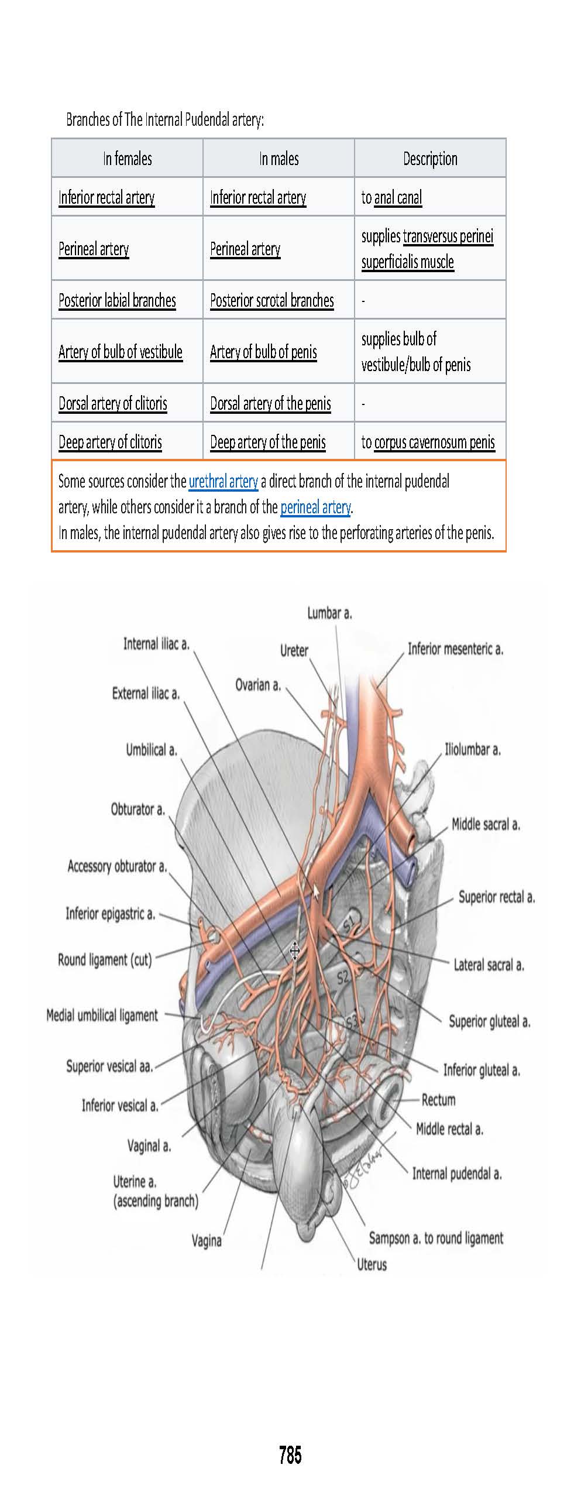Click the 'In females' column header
(127, 159)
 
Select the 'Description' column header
(430, 159)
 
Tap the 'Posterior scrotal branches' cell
(272, 301)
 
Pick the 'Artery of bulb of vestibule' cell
(121, 352)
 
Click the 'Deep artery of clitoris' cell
(110, 442)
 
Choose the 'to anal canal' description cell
(391, 198)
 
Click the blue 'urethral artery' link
(223, 482)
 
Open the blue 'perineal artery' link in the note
(315, 507)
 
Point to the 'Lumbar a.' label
(329, 613)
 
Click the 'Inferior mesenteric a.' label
(455, 649)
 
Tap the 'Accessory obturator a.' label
(117, 866)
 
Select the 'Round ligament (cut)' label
(105, 960)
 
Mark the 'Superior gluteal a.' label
(489, 1021)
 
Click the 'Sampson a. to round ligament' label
(436, 1238)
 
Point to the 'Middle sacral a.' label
(486, 825)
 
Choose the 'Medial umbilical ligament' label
(102, 1016)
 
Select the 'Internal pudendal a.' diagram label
(457, 1174)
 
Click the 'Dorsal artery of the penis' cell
(270, 404)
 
